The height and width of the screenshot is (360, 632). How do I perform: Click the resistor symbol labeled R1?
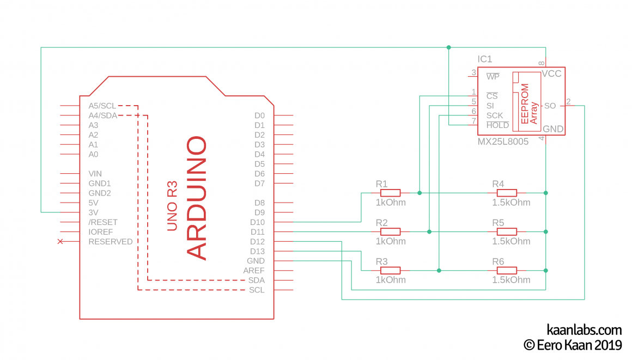click(390, 193)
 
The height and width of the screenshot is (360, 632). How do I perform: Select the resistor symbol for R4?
click(507, 193)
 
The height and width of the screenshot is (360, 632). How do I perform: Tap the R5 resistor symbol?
click(507, 232)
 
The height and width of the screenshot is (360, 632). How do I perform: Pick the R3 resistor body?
click(390, 270)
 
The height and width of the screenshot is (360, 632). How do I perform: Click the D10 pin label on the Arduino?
click(257, 222)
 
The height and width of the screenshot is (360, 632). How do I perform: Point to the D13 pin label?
click(257, 251)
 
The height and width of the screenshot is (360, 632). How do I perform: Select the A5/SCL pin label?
click(102, 106)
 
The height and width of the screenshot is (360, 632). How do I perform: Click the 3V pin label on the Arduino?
click(93, 212)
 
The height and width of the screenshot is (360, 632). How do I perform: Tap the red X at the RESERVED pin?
click(60, 241)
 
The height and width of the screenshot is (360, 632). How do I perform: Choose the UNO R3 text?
click(172, 206)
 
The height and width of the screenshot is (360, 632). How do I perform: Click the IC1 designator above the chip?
click(485, 59)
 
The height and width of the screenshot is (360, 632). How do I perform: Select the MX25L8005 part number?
click(503, 141)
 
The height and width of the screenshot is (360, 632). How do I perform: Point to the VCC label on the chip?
click(551, 74)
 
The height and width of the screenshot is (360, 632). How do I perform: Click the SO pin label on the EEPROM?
click(550, 106)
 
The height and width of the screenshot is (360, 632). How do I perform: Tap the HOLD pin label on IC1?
click(497, 125)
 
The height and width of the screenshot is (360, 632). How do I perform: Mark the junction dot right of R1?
click(420, 193)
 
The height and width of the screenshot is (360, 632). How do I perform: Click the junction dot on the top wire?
click(449, 47)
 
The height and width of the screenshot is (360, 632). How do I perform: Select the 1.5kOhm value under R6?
click(511, 280)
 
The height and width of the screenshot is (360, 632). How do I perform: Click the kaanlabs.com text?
click(584, 330)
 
